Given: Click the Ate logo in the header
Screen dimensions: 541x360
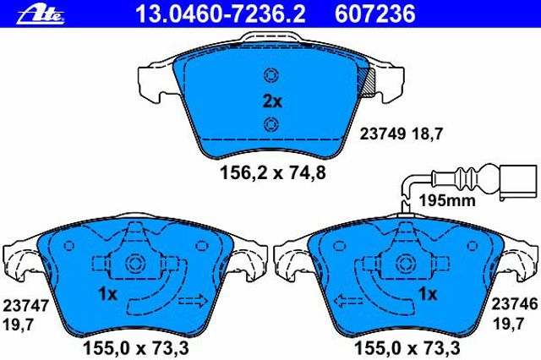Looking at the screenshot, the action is [41, 15].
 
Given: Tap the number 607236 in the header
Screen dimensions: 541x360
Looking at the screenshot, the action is [375, 14].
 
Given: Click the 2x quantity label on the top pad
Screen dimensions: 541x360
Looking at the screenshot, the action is [272, 101].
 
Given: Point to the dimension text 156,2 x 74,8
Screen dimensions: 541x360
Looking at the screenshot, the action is [272, 172].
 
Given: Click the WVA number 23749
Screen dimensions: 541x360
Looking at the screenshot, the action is [383, 134].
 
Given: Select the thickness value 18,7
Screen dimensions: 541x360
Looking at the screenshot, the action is [426, 134].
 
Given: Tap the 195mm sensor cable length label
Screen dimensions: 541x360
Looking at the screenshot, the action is [447, 200].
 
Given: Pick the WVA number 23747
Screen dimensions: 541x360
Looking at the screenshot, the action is [26, 306].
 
